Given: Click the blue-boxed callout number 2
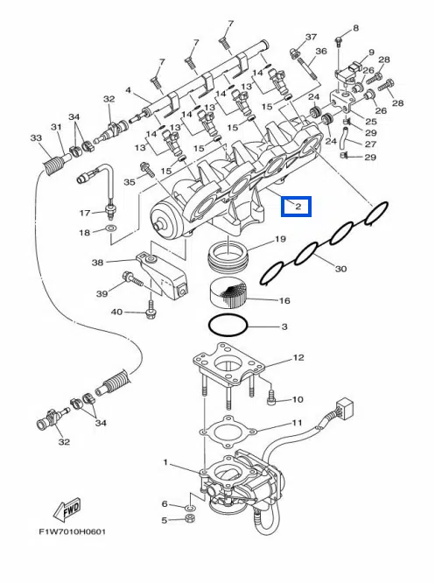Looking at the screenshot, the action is point(298,206).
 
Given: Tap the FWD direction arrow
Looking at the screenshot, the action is point(67,509).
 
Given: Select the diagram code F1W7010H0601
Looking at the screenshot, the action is point(73,531).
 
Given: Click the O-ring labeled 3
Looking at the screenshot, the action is point(228,326).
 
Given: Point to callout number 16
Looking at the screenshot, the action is point(284,300).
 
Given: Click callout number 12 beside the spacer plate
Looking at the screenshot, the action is point(298,358).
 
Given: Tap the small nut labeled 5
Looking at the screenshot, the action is point(190,517).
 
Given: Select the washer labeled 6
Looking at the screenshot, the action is point(190,507).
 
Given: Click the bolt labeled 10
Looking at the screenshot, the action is point(271,397).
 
